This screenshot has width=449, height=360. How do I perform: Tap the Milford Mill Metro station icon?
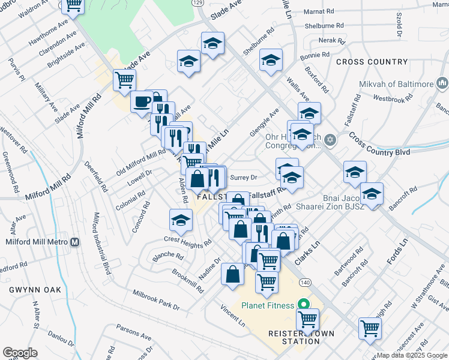[x=75, y=242]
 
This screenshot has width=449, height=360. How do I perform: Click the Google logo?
[x=20, y=353]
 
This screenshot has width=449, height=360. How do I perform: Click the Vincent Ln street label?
[x=232, y=314]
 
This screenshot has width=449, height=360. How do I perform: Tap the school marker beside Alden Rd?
[x=181, y=220]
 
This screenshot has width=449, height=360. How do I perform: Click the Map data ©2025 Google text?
[x=412, y=355]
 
